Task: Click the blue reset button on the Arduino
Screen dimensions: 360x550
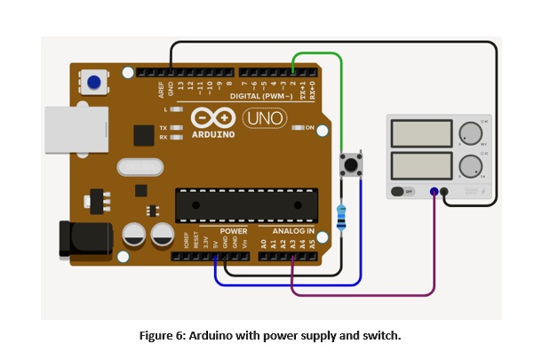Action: [x=93, y=84]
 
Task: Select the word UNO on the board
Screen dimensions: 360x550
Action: [x=263, y=117]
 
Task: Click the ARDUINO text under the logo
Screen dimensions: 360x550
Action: [x=213, y=135]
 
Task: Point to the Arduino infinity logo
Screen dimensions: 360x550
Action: [x=213, y=118]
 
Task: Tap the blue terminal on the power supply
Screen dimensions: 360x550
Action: [x=434, y=191]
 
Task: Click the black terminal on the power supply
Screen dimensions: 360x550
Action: [x=444, y=191]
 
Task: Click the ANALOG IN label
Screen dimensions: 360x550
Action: [x=294, y=231]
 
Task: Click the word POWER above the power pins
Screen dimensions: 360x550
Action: [x=233, y=231]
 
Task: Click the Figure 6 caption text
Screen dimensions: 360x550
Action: [x=271, y=335]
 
